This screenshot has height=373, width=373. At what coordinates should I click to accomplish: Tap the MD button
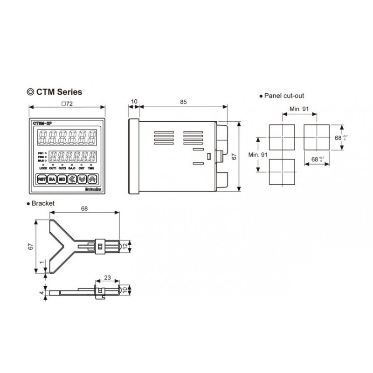62,179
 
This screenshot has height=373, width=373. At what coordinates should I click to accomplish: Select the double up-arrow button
92,179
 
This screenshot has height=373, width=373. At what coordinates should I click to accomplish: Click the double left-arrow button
72,179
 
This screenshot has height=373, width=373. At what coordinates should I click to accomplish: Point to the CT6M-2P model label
42,123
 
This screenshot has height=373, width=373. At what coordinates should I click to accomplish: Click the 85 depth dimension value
183,101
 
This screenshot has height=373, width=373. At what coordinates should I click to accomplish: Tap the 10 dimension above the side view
134,101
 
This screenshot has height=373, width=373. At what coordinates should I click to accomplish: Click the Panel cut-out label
284,96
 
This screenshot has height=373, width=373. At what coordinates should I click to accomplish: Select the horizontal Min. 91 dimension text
299,108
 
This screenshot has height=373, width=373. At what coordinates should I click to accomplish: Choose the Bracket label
42,203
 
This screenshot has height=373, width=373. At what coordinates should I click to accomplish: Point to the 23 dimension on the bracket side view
107,277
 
